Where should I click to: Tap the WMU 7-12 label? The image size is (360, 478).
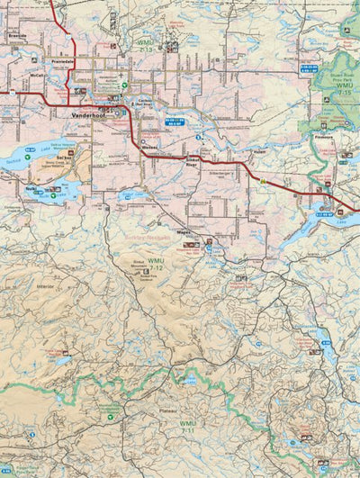(157, 267)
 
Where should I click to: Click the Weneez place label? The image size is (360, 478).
(150, 146)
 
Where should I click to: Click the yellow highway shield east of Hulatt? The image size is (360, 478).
(262, 179)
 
